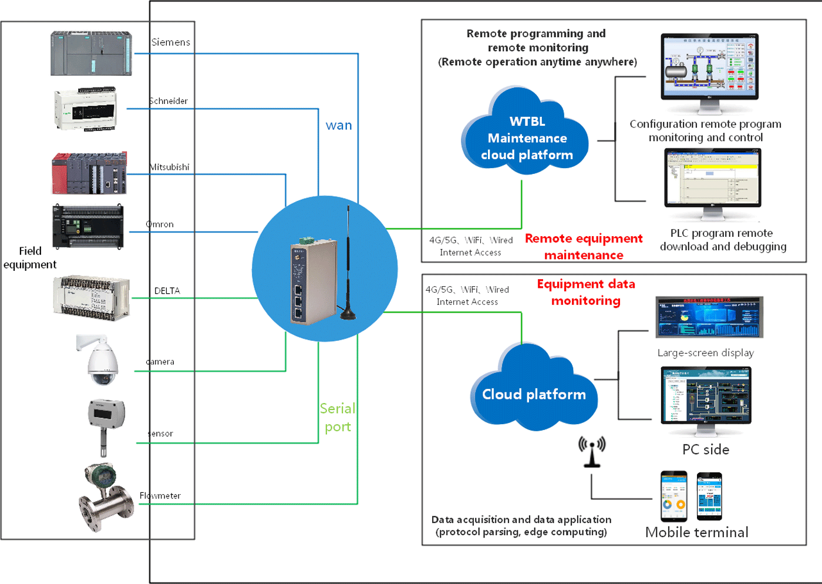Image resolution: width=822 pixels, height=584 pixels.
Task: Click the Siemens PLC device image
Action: point(91,53)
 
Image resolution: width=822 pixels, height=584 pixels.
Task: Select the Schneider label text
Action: point(169,101)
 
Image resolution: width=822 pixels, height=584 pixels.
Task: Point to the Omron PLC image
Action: point(88,227)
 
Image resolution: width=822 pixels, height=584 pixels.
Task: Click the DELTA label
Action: point(167,291)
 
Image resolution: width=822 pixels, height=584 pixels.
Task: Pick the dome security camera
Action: point(101,361)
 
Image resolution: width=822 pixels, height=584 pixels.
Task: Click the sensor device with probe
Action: point(106,426)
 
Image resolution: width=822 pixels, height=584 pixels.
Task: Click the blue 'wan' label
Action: point(339,125)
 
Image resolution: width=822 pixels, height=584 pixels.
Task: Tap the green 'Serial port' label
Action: point(338,417)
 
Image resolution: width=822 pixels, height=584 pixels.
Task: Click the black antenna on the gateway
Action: point(348,264)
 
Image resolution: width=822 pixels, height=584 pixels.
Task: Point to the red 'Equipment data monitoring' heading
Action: point(586,292)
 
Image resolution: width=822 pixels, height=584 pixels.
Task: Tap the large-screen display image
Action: point(709,317)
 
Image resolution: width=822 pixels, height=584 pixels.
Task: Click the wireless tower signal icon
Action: point(592,451)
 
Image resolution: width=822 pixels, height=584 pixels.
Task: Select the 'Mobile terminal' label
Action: point(696,532)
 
